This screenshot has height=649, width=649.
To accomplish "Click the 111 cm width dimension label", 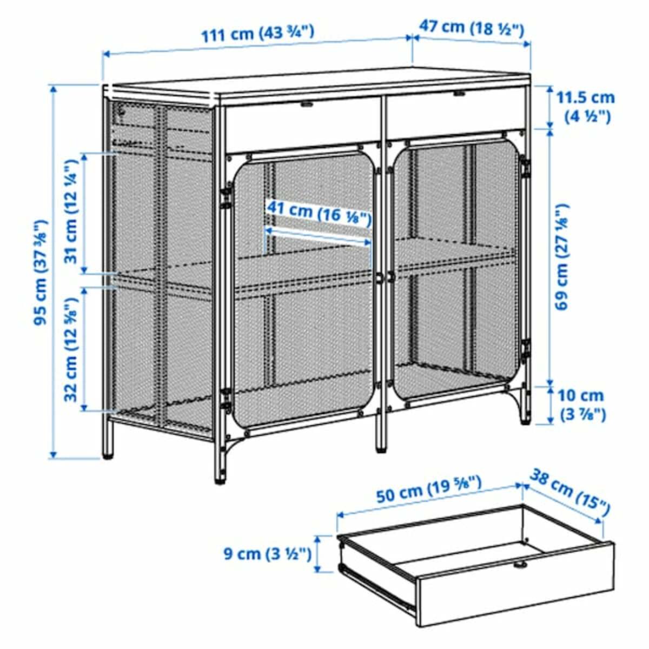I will pyautogui.click(x=257, y=34).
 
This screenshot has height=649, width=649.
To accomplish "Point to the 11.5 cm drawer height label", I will pyautogui.click(x=585, y=107).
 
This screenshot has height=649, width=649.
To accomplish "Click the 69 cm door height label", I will pyautogui.click(x=562, y=256).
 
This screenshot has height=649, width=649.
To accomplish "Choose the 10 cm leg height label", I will pyautogui.click(x=581, y=405).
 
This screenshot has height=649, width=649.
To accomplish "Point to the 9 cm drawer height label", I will pyautogui.click(x=267, y=553).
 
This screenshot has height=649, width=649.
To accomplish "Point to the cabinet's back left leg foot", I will pyautogui.click(x=108, y=452).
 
